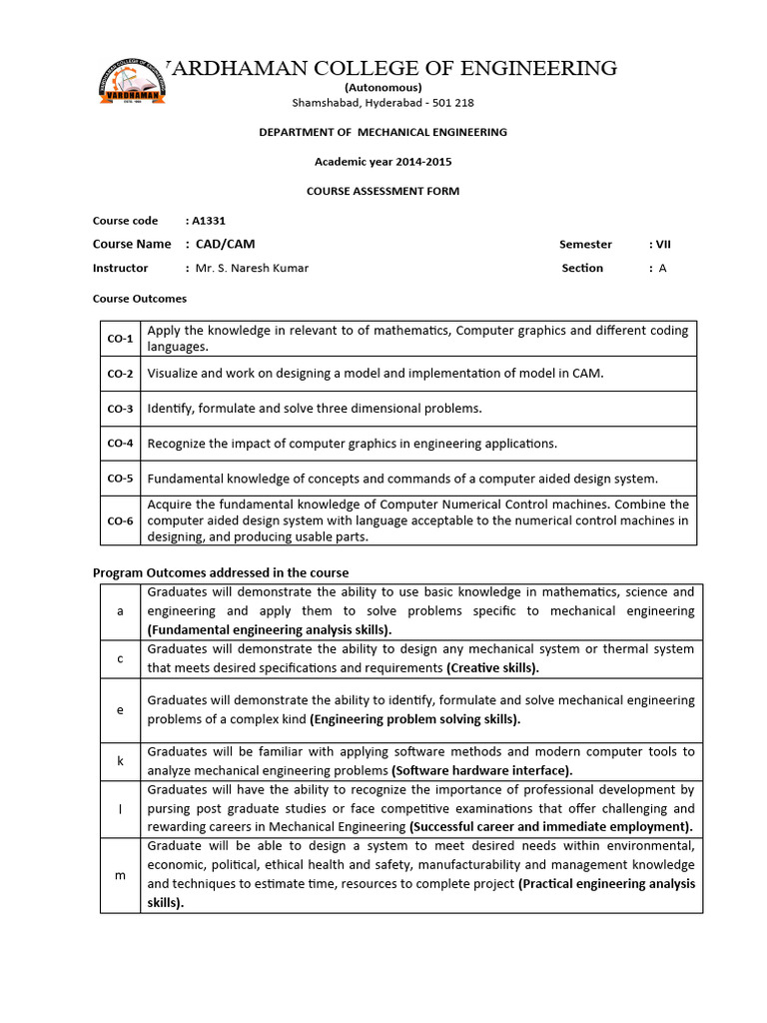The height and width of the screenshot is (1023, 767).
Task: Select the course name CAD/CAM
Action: point(218,244)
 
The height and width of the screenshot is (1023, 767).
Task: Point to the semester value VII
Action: point(662,244)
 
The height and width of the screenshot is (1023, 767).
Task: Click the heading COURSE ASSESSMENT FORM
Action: point(383,191)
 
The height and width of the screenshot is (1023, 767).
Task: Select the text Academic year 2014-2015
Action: point(383,162)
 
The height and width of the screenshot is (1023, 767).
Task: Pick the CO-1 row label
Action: point(120,339)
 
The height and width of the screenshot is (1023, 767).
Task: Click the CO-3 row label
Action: point(120,409)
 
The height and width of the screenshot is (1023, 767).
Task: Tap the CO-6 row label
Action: point(120,520)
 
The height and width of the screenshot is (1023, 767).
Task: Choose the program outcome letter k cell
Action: point(120,760)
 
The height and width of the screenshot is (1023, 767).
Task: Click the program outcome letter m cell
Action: point(120,875)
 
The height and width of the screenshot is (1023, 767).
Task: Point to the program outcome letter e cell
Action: point(120,710)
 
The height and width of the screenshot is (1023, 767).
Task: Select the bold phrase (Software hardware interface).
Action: point(482,770)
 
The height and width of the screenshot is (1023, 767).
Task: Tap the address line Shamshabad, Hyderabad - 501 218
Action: point(383,103)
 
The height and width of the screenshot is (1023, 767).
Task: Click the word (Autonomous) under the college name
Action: point(383,88)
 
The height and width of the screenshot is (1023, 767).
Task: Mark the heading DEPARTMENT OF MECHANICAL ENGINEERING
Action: point(383,132)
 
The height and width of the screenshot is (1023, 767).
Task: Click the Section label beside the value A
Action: point(582,268)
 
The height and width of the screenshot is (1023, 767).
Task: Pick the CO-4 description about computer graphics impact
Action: point(353,444)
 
